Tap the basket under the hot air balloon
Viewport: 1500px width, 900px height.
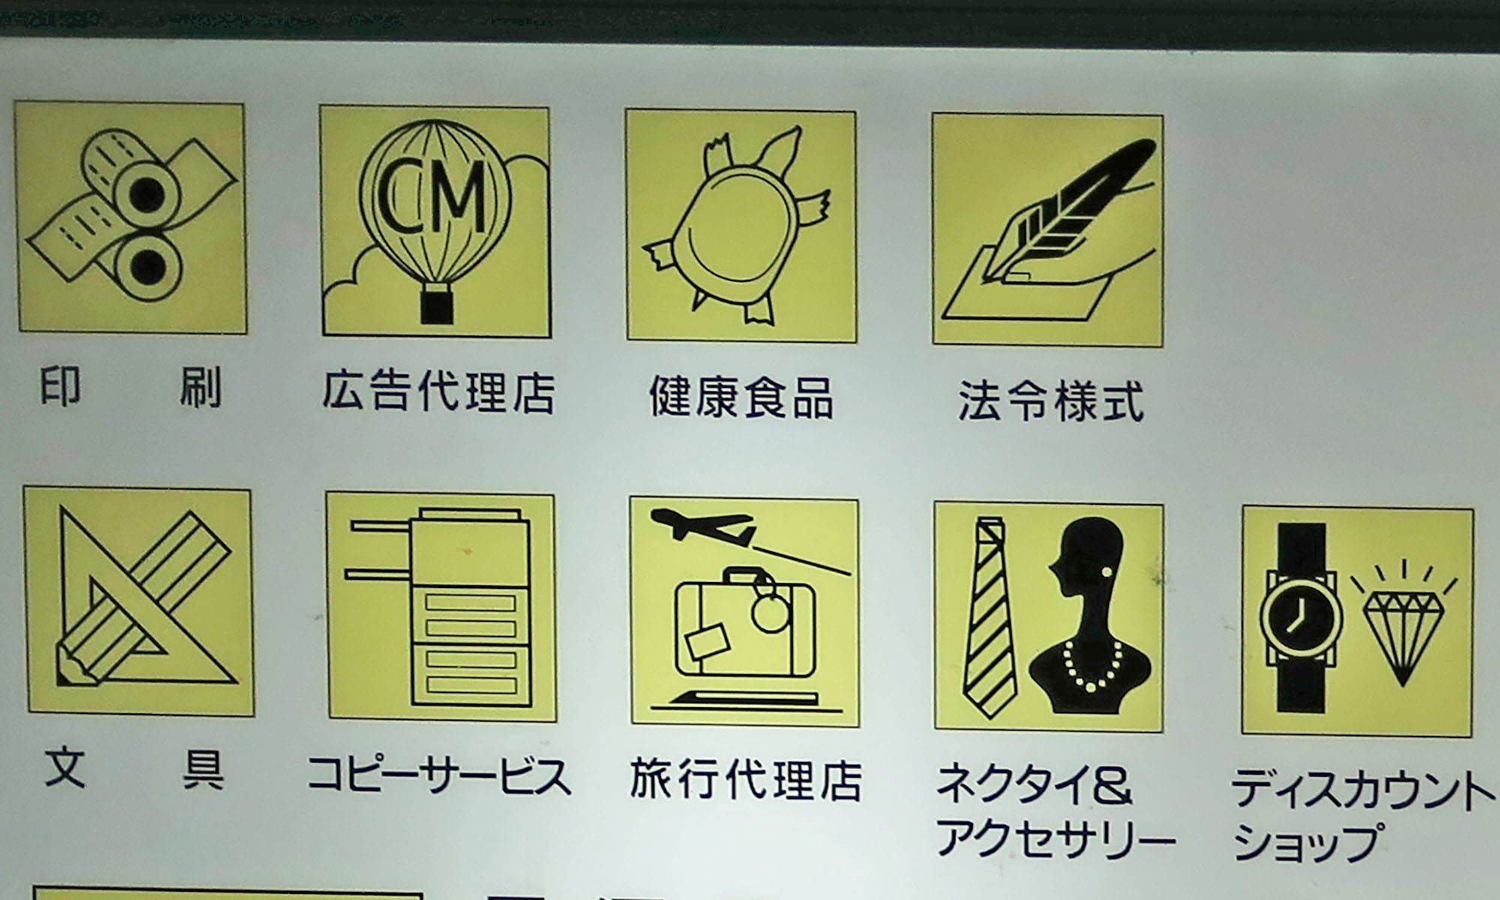[x=437, y=306]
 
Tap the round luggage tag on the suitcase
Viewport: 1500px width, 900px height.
[x=770, y=613]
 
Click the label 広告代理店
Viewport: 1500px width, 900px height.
[x=439, y=391]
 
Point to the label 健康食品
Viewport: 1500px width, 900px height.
[x=741, y=397]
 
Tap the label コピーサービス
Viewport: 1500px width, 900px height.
[x=439, y=775]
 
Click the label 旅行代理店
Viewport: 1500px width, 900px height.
[x=745, y=780]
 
